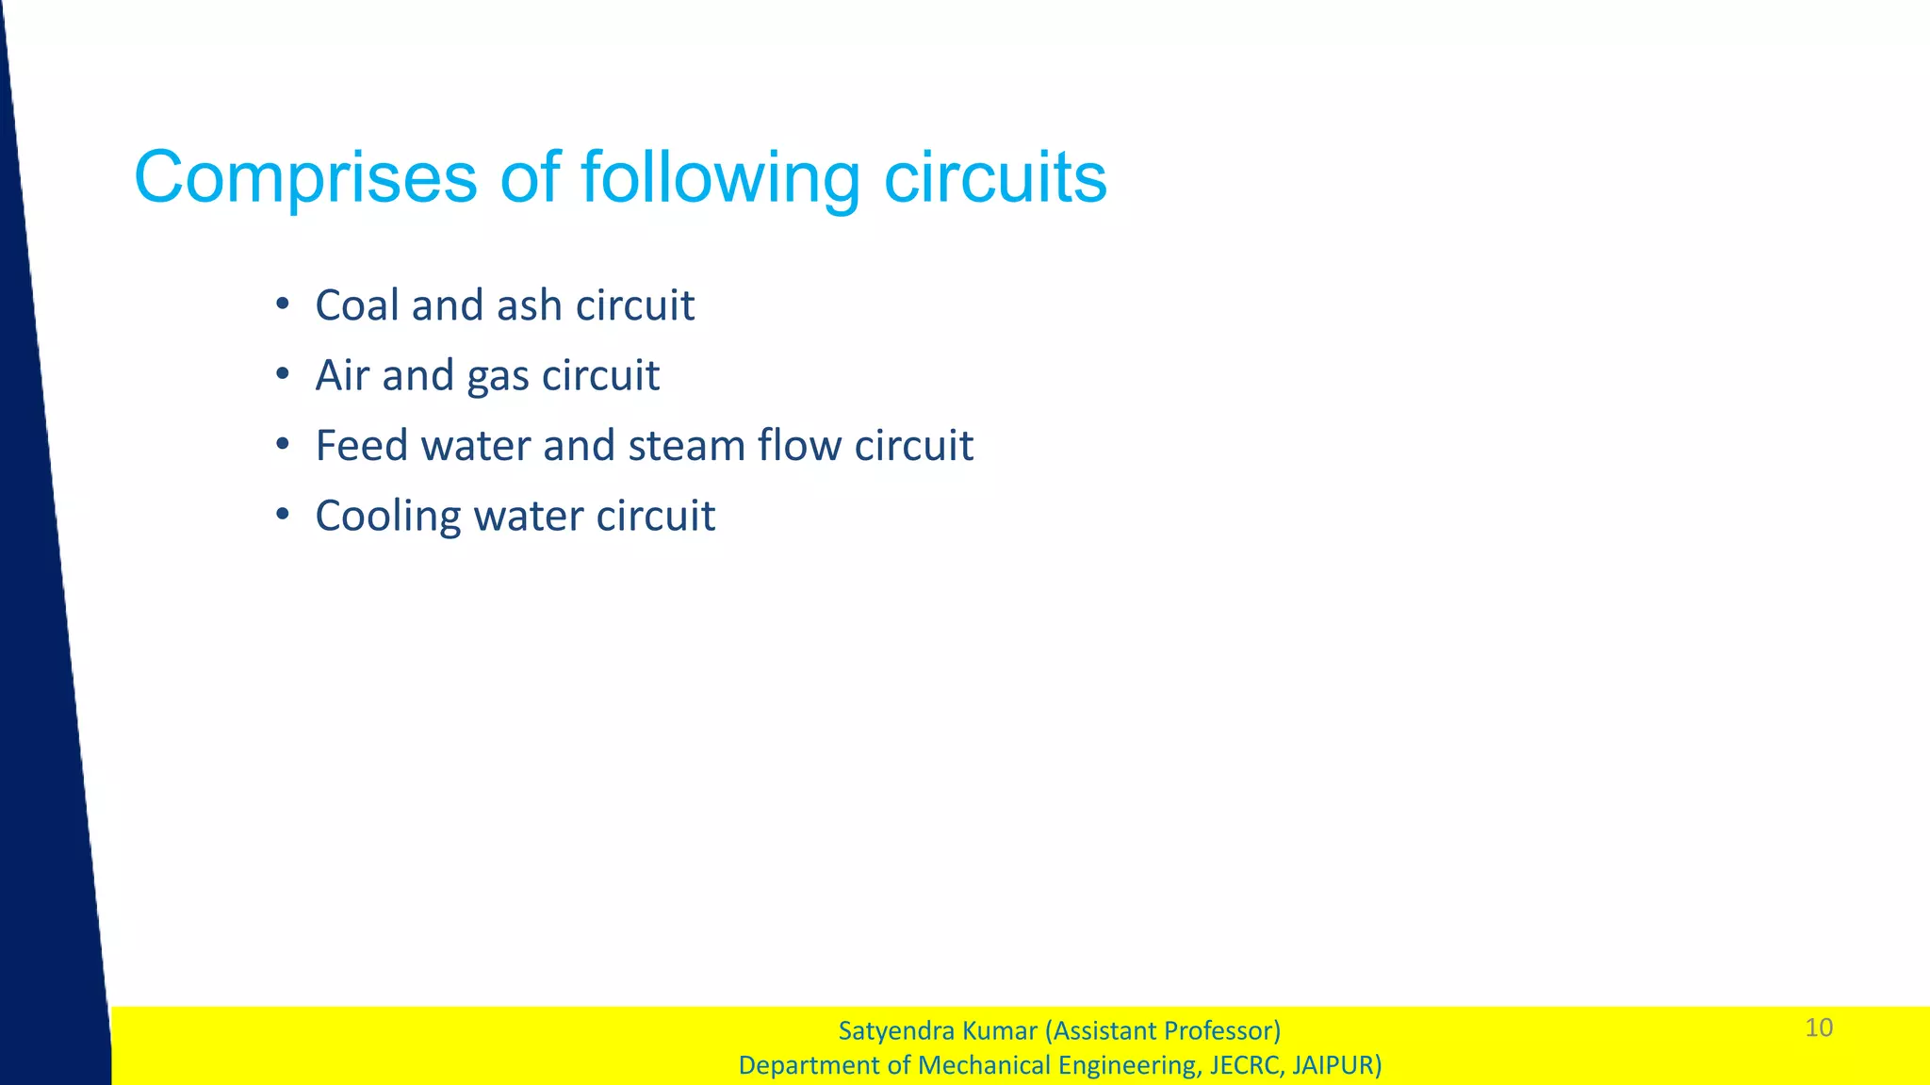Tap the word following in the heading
(x=720, y=177)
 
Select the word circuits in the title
(x=995, y=177)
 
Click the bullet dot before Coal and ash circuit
(x=282, y=304)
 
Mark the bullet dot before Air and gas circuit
(x=282, y=374)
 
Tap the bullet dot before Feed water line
(x=282, y=445)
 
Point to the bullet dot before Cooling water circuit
(x=282, y=516)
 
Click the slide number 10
(x=1819, y=1027)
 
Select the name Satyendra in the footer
(x=891, y=1031)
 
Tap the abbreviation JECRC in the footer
(x=1244, y=1065)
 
